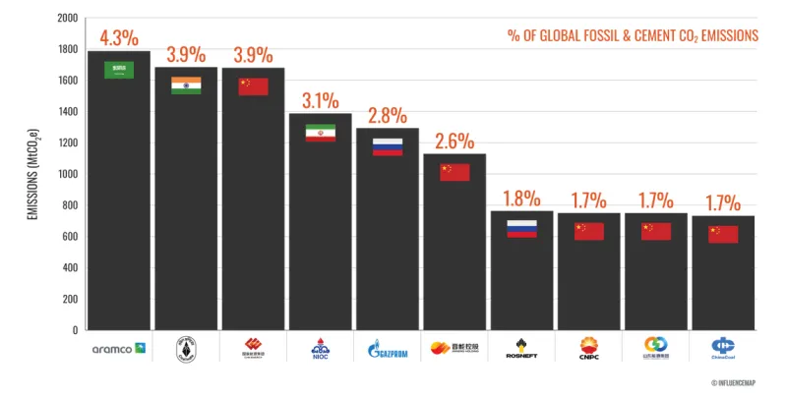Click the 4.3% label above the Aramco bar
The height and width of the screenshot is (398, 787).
[119, 39]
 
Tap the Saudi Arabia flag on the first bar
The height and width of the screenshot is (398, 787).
[119, 70]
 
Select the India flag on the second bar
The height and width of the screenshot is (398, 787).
[186, 85]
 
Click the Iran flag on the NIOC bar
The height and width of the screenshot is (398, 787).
[320, 133]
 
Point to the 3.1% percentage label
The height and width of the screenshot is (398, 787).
[320, 100]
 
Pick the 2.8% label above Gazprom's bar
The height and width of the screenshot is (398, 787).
[387, 116]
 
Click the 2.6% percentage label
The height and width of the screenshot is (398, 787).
[454, 141]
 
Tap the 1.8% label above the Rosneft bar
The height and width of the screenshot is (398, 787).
[521, 199]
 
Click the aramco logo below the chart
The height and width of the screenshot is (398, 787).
[119, 348]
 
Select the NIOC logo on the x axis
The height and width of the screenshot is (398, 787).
[320, 348]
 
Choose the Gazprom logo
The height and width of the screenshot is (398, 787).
[387, 348]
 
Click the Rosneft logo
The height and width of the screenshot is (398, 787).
[521, 348]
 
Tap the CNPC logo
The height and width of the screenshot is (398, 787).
[588, 348]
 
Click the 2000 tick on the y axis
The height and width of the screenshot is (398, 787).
[67, 19]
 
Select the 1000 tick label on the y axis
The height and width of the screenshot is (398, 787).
[67, 174]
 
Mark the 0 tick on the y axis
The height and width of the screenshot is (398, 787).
[75, 330]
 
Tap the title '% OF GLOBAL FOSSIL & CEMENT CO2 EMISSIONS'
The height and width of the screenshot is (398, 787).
[633, 35]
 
